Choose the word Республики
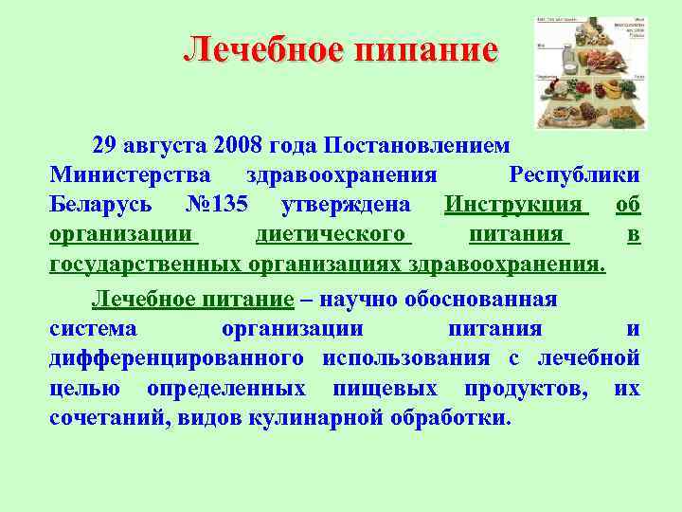573,175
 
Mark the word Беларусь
105,204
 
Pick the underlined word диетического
331,232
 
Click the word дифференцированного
176,357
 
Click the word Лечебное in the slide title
264,49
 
